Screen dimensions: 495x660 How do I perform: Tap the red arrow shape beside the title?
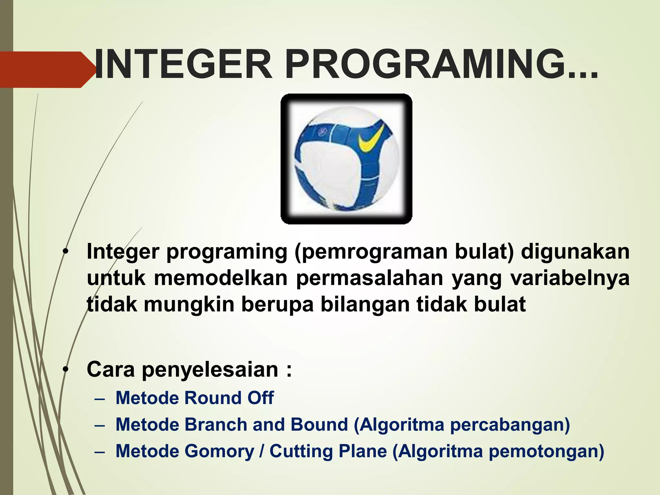[45, 70]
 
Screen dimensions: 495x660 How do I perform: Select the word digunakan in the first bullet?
[575, 252]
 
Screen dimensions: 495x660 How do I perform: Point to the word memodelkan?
[221, 278]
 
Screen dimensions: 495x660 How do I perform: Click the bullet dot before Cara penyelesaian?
[66, 369]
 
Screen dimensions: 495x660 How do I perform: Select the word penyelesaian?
[210, 370]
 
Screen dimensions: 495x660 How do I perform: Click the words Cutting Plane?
[328, 451]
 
